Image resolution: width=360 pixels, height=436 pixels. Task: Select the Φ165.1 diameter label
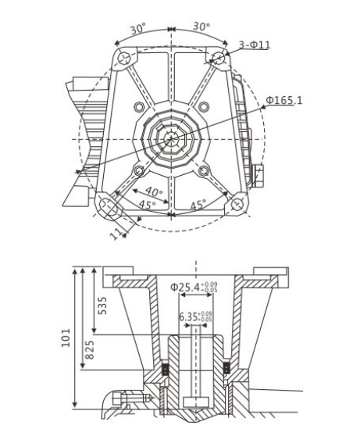coord(284,101)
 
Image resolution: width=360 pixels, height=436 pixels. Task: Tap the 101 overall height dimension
coord(68,337)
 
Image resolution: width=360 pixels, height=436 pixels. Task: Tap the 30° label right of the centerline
coord(201,27)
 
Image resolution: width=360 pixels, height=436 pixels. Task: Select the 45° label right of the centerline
coord(199,205)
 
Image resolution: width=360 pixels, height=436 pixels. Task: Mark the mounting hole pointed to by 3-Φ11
coord(219,57)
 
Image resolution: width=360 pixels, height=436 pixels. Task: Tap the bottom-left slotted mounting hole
coord(107,205)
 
